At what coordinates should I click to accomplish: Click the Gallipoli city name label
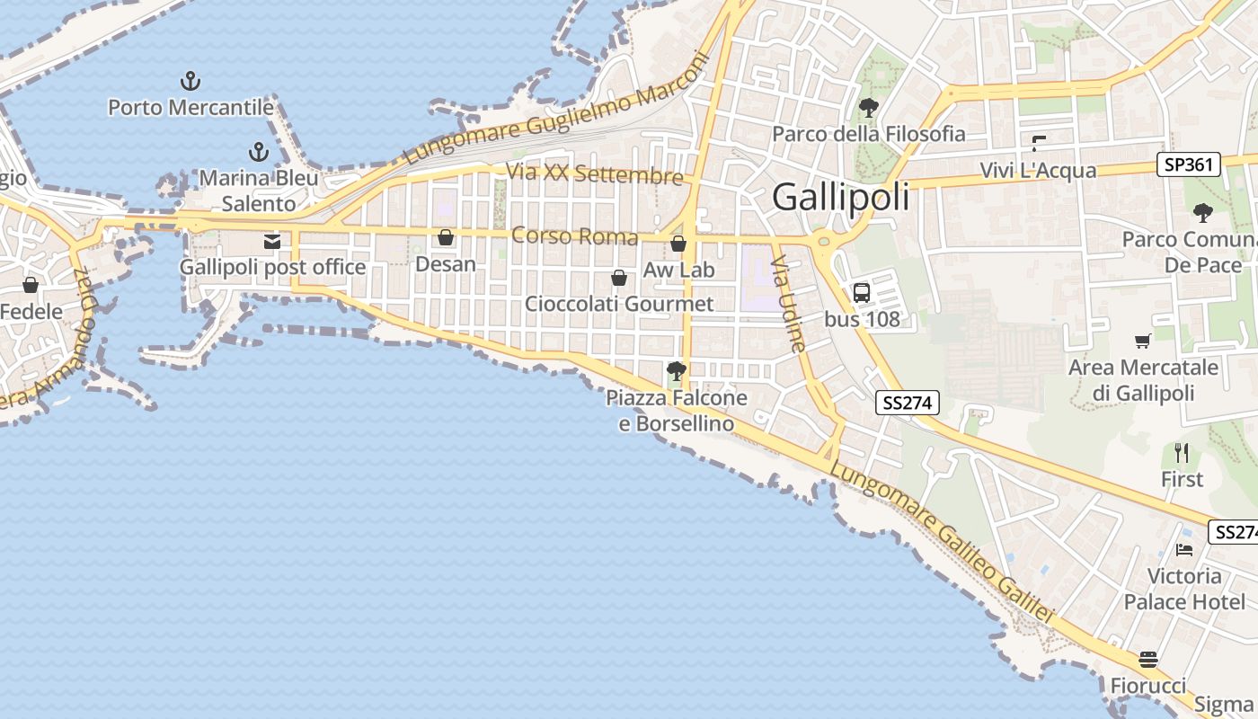[840, 197]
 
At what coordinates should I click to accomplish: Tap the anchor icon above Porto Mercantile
[190, 82]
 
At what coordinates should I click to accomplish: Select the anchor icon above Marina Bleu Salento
[259, 152]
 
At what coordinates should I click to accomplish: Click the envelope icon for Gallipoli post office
[272, 241]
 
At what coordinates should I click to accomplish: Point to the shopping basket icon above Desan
[445, 238]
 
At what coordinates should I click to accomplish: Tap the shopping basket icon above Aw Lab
[678, 244]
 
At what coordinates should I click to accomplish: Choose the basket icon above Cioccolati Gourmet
[619, 278]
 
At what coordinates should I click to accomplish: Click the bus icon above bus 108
[861, 293]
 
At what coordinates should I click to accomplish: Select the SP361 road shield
[1188, 164]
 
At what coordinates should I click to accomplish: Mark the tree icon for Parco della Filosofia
[868, 109]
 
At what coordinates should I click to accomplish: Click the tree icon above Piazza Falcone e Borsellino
[676, 370]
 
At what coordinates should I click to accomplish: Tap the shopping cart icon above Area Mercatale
[1142, 342]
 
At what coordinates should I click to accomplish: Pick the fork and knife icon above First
[1182, 453]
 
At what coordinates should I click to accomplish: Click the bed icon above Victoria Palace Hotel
[1184, 549]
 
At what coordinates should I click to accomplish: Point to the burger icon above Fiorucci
[1148, 660]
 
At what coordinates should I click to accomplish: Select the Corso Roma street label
[574, 237]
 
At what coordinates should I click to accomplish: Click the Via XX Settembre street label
[594, 174]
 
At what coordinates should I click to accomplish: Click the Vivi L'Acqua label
[1038, 171]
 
